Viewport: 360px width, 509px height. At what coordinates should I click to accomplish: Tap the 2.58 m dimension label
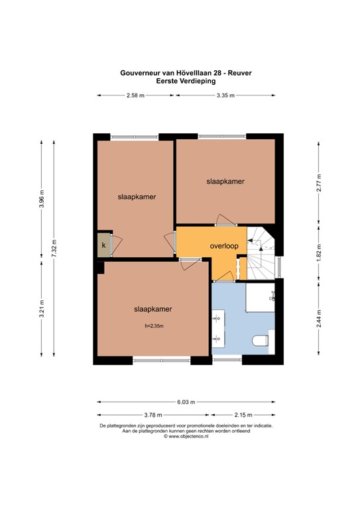pos(136,96)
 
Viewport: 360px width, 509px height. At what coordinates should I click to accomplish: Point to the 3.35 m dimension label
pos(225,96)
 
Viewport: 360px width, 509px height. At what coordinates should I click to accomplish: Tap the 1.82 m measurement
pos(319,251)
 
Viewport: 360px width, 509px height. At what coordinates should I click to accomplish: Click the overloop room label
pos(223,245)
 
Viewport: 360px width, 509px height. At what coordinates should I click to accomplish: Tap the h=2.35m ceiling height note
pos(154,325)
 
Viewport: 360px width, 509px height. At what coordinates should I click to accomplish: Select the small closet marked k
pos(103,245)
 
